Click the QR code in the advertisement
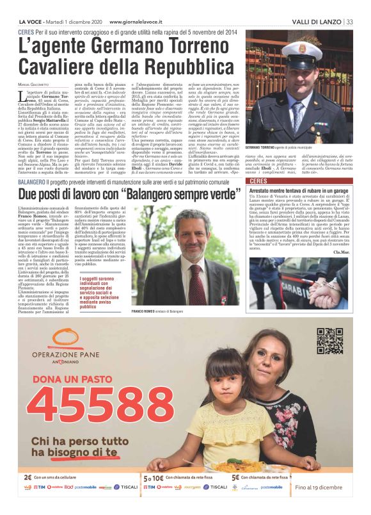329,341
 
